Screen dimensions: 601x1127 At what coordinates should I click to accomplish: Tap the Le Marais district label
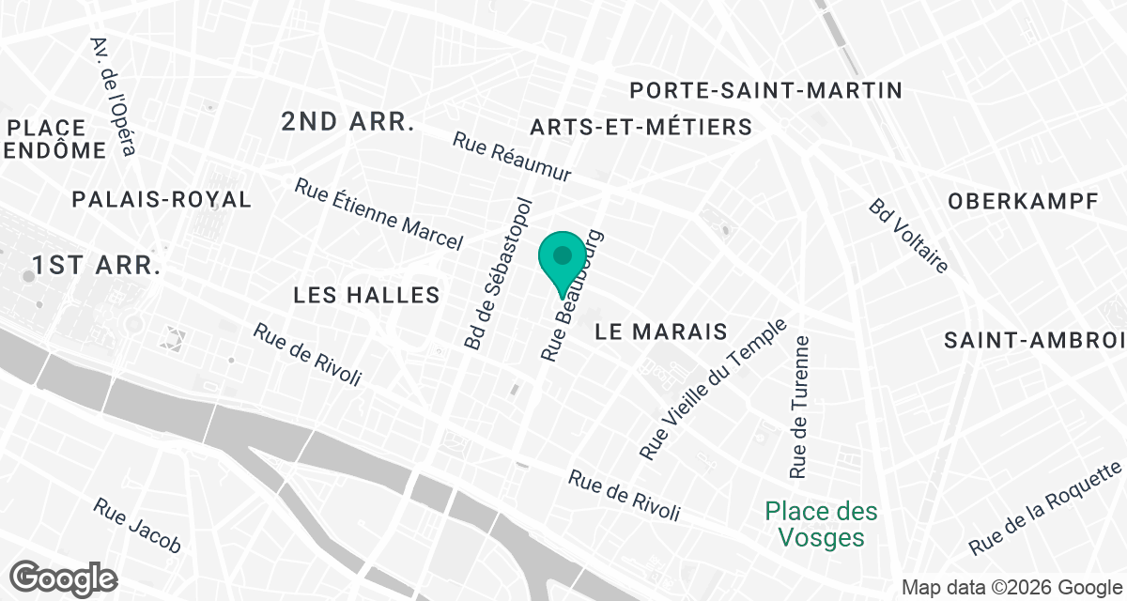(662, 331)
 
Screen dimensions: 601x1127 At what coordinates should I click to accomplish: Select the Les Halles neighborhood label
(366, 295)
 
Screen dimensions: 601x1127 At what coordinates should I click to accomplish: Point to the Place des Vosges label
(822, 525)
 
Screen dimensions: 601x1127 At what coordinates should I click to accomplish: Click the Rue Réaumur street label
(525, 157)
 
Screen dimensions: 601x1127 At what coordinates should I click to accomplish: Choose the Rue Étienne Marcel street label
(378, 215)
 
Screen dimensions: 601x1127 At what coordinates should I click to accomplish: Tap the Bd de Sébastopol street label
(499, 273)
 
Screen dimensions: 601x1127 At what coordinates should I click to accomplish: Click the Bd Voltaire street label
(907, 235)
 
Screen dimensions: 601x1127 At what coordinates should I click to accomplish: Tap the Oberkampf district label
(1023, 201)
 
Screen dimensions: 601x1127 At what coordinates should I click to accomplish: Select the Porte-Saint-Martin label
(765, 91)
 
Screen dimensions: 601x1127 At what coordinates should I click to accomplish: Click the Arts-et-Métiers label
(641, 127)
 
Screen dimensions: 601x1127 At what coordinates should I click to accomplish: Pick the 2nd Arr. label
(347, 121)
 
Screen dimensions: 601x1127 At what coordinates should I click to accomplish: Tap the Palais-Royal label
(162, 199)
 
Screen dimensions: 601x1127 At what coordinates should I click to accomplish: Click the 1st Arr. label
(97, 266)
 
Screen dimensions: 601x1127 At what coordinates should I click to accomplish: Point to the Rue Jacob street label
(136, 524)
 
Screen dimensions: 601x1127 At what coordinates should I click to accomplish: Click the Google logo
(64, 578)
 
